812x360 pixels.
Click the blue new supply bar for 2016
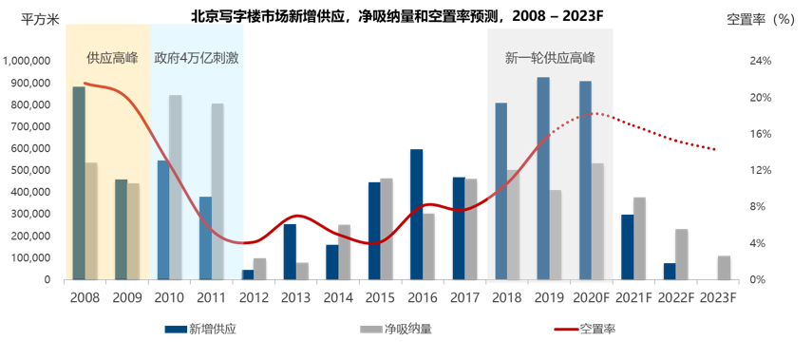[x=417, y=215]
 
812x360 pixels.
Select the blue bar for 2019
[x=543, y=179]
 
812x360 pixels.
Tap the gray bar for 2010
[x=176, y=187]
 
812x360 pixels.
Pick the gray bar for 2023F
[x=725, y=268]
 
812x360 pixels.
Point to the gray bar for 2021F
[x=640, y=238]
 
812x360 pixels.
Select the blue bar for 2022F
[x=670, y=271]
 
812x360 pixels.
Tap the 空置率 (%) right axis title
[x=760, y=19]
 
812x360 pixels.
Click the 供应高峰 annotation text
[x=112, y=58]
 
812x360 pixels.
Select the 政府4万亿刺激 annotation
[x=197, y=58]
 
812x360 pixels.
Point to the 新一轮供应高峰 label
[x=550, y=58]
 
